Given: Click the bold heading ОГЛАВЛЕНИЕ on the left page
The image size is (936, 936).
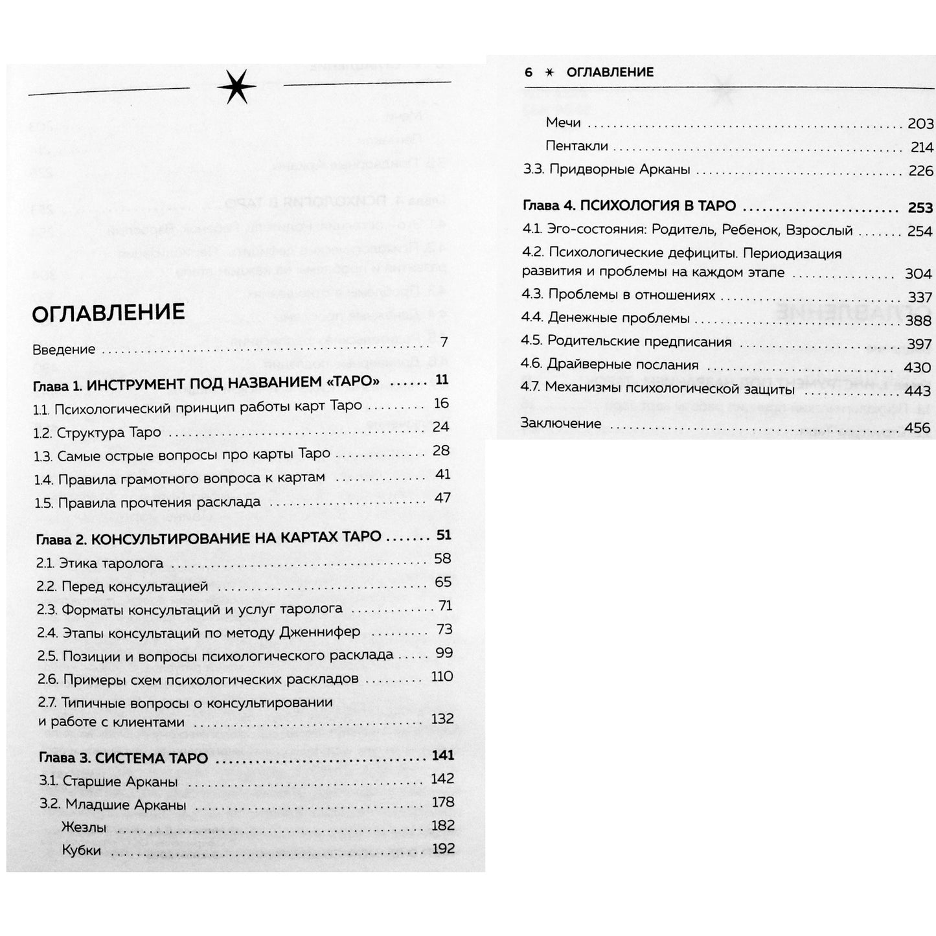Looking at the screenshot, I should pos(108,312).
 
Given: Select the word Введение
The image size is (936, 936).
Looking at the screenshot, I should pos(64,350).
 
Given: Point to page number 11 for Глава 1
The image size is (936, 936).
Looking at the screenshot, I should pos(442,380).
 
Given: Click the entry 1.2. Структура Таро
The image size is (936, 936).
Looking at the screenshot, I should pos(97,432).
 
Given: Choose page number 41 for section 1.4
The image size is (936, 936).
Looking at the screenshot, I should pos(442,474).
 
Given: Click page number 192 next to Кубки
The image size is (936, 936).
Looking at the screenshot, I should pos(442,849).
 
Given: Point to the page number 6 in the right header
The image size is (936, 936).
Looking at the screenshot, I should pos(528,72).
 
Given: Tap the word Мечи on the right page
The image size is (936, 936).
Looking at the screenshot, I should pos(563,122).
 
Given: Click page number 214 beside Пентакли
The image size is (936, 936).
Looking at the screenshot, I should pos(921,147).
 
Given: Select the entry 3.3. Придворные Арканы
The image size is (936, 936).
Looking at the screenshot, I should pos(606,170).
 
